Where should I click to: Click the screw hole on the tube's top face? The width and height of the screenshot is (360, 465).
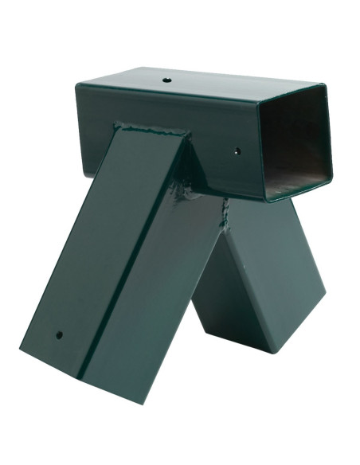(167, 80)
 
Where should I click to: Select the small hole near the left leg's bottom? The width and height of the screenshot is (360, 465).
(58, 335)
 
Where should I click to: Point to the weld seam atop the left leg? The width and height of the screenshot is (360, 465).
(151, 127)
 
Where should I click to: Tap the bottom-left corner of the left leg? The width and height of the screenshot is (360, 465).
(22, 343)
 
